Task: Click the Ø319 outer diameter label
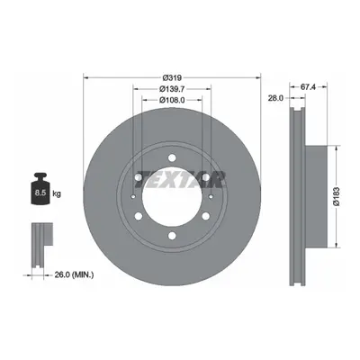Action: pyautogui.click(x=172, y=78)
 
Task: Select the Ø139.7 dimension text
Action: pyautogui.click(x=172, y=89)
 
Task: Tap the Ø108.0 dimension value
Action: pyautogui.click(x=172, y=100)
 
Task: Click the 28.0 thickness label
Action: pyautogui.click(x=275, y=98)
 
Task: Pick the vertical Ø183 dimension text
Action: pyautogui.click(x=337, y=196)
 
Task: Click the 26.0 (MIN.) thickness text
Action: pyautogui.click(x=74, y=274)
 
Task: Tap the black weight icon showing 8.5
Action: pyautogui.click(x=40, y=189)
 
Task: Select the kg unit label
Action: pyautogui.click(x=57, y=194)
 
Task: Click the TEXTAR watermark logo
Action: pyautogui.click(x=180, y=179)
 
